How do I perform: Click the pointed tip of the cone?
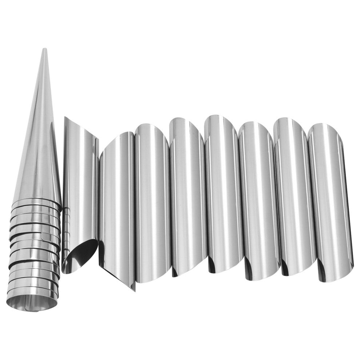[44, 50]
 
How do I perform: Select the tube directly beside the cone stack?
[78, 182]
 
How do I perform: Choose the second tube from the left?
[116, 204]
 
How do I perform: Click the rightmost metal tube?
[329, 200]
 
